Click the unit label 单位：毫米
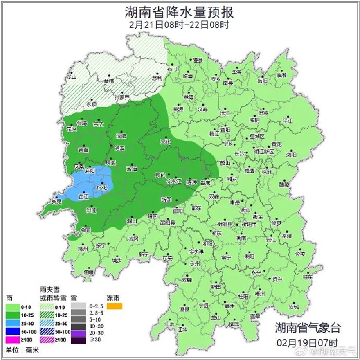coord(20,350)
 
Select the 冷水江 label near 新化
coord(173,180)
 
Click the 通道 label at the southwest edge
coord(89,272)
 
